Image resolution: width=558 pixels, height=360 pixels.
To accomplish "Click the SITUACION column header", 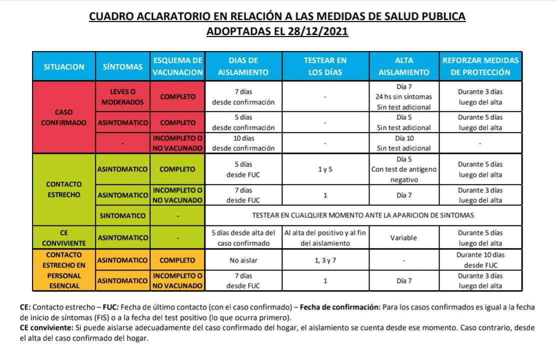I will [64, 66].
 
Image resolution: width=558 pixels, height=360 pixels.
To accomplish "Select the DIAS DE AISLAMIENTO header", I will [243, 66].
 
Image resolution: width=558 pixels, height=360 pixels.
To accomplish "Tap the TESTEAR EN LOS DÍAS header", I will [325, 66].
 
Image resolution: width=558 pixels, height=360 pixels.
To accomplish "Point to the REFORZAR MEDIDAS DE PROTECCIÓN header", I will [480, 66].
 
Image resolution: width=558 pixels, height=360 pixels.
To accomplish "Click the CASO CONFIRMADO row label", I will [64, 117].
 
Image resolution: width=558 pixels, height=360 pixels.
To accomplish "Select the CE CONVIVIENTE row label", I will [64, 238].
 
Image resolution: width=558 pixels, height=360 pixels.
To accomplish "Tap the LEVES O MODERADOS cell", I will [122, 97].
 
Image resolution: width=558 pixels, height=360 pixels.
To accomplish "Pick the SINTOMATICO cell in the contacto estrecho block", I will [122, 216].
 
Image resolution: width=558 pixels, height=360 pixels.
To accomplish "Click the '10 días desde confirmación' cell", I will [243, 143].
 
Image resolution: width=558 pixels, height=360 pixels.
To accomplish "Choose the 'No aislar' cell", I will [243, 260].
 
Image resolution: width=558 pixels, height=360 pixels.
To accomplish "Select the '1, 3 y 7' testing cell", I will [325, 260].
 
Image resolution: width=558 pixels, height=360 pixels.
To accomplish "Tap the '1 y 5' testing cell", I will [325, 169].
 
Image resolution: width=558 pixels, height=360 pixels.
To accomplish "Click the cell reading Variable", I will [403, 238].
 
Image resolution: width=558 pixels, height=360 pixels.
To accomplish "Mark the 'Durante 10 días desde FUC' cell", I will [480, 260].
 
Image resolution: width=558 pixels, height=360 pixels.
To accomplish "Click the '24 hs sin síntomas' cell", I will [403, 96].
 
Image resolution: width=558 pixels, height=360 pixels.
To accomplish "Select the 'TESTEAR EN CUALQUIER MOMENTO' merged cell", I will [363, 215].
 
